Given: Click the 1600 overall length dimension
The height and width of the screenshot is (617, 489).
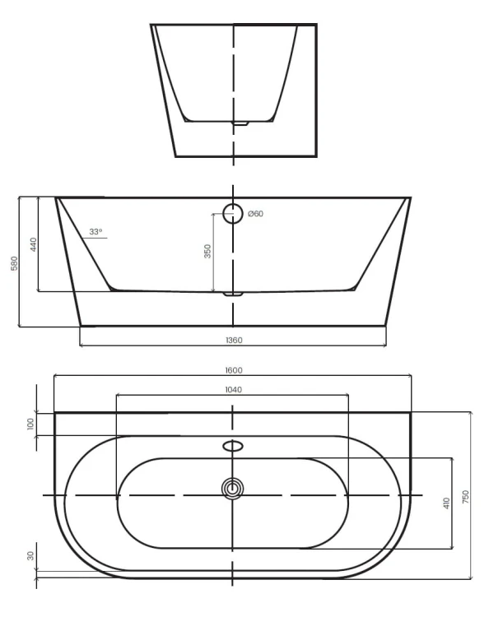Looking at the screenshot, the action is click(234, 370).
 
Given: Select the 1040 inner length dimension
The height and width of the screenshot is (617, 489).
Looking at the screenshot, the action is click(234, 390).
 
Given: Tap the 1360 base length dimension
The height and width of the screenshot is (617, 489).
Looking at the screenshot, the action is click(234, 340).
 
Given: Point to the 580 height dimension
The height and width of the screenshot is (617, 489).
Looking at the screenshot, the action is click(14, 263).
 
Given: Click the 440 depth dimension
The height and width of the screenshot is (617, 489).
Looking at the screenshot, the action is click(33, 245).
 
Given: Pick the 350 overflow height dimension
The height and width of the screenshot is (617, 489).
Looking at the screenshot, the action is click(207, 252).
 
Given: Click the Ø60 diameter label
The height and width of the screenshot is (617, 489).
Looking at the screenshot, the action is click(256, 214).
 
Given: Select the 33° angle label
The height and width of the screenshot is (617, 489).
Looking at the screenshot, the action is click(95, 232).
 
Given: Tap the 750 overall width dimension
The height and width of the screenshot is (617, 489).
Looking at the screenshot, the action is click(466, 497).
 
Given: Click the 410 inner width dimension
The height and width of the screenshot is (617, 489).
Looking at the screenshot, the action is click(446, 503).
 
